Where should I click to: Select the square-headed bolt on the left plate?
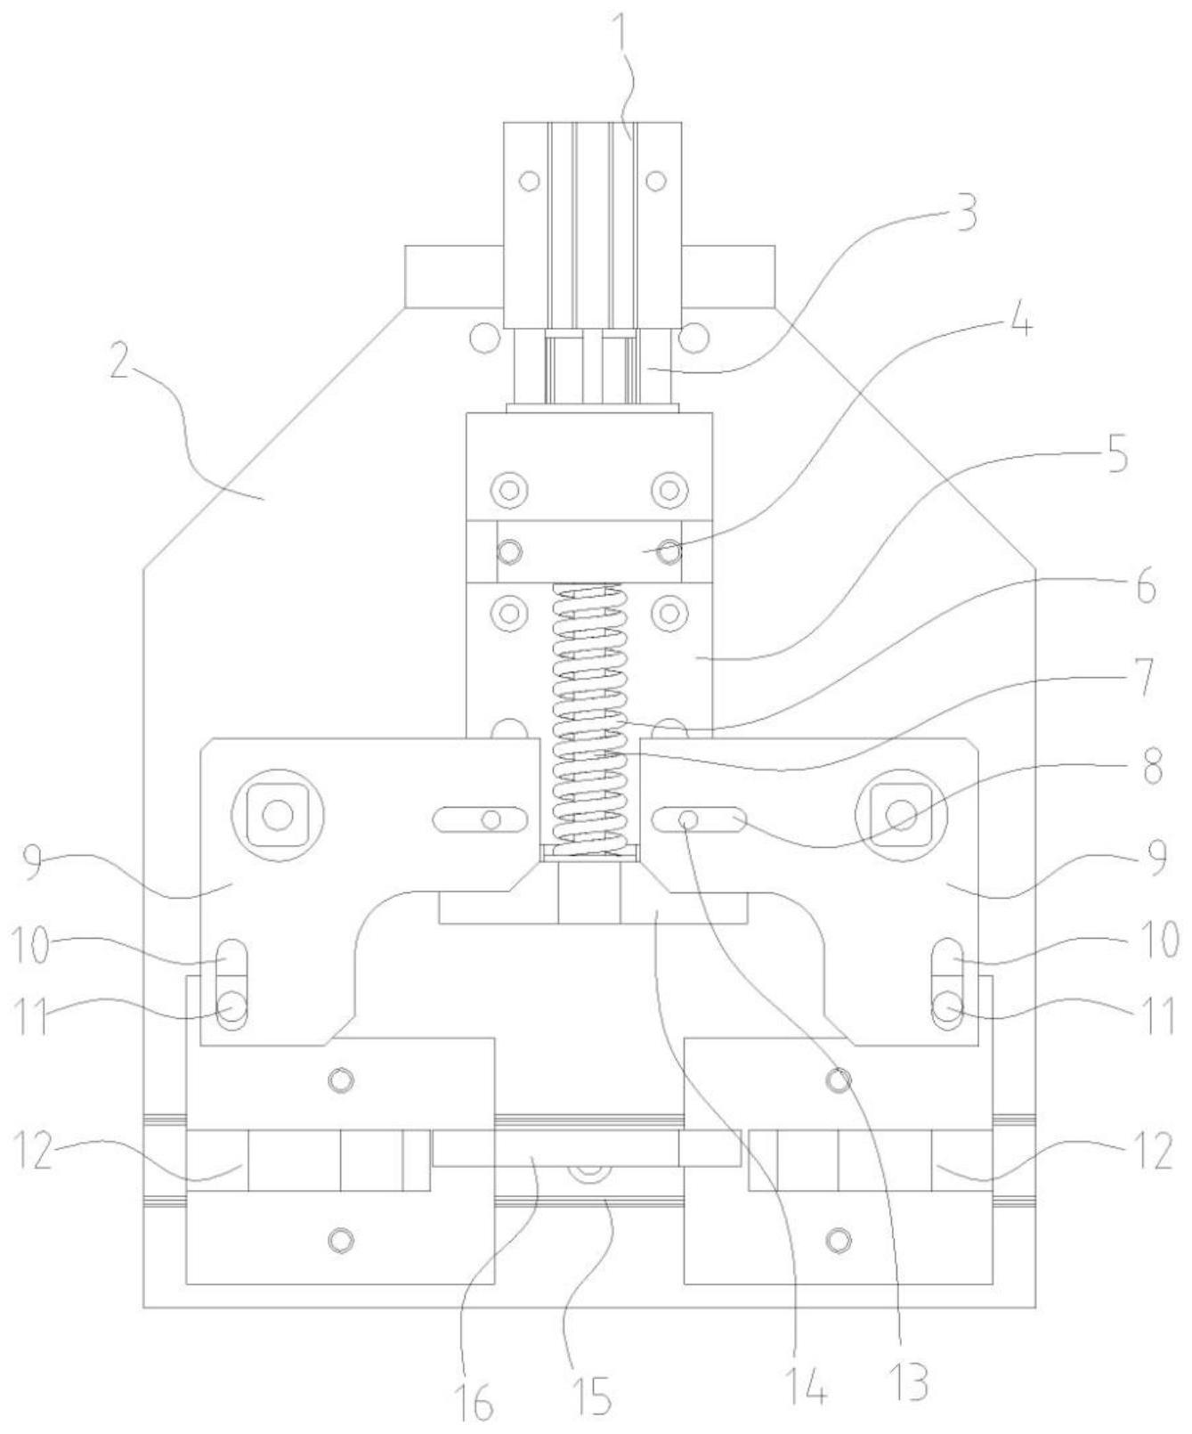(x=278, y=814)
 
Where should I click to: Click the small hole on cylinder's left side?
(x=530, y=181)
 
